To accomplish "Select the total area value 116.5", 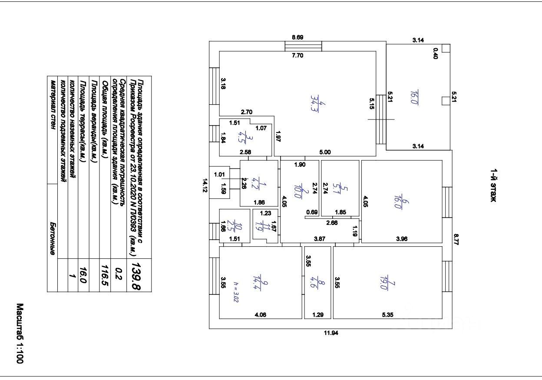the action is (105, 275).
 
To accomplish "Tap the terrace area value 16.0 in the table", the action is (83, 275).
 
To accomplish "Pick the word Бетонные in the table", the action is (53, 238).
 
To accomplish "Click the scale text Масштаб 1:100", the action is (20, 334).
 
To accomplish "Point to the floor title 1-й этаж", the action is (493, 185).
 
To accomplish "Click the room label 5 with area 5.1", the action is (340, 189).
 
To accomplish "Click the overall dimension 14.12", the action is (205, 185).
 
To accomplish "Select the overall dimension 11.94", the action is (331, 333).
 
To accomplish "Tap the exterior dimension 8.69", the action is (297, 37).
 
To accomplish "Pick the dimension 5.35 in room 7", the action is (388, 315).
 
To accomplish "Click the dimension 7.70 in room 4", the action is (297, 56).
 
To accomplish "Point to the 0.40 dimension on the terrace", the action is (435, 53).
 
